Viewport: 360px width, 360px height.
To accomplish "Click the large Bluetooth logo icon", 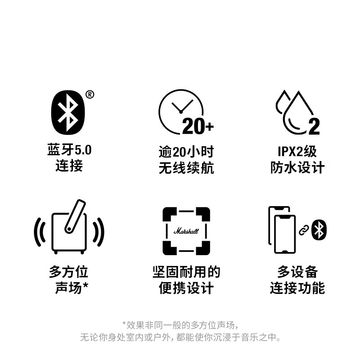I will [69, 113].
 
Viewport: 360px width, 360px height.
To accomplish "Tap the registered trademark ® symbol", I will [90, 94].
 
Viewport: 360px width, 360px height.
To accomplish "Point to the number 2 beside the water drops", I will [314, 127].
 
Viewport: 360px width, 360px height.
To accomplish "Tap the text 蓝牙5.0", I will [69, 150].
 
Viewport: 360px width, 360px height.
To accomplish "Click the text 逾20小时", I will [186, 150].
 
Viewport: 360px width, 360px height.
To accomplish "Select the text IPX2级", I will [297, 150].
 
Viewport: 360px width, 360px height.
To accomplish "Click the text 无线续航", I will [186, 168].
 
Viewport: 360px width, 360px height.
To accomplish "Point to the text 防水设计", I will [297, 168].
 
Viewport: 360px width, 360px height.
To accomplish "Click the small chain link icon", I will [304, 231].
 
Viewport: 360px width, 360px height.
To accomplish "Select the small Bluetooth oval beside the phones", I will [319, 230].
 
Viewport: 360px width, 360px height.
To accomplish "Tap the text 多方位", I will [69, 272].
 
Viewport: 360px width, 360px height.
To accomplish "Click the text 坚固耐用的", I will [186, 272].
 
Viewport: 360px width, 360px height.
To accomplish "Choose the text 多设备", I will [297, 272].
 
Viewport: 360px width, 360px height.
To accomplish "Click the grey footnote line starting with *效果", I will [180, 324].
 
